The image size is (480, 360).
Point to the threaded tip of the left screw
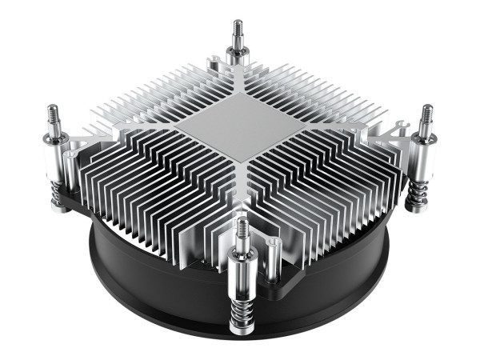click(x=53, y=114)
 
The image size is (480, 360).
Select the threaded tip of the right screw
click(x=426, y=114)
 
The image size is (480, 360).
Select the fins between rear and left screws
click(x=152, y=100)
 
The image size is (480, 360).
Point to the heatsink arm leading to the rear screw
click(x=237, y=84)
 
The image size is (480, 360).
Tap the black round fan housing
click(x=160, y=280)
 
